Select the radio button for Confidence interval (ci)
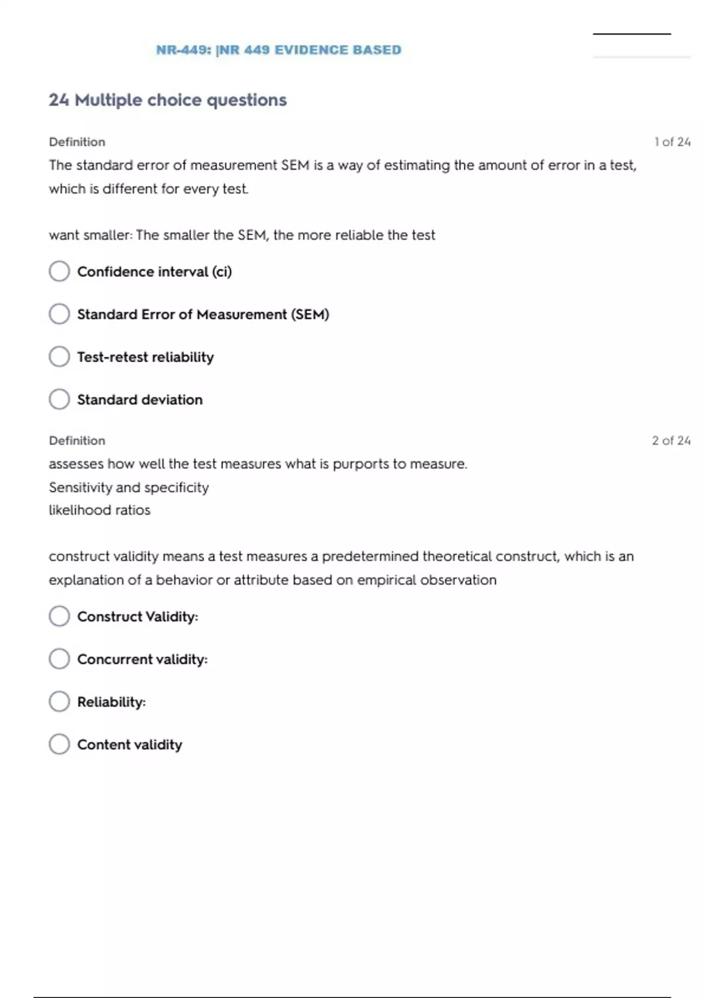point(59,271)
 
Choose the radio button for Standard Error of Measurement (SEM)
point(59,314)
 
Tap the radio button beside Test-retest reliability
point(59,356)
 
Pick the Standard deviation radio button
point(59,399)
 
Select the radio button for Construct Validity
point(59,616)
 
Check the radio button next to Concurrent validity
point(59,659)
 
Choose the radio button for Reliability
point(59,702)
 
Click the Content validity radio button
point(59,744)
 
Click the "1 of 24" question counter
point(672,142)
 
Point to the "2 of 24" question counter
point(671,440)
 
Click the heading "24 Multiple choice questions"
point(167,100)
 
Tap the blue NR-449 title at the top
point(278,50)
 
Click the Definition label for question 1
point(77,142)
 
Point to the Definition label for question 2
point(77,440)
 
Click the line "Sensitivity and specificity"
point(129,487)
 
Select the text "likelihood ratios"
point(99,510)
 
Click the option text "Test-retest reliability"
point(145,357)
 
